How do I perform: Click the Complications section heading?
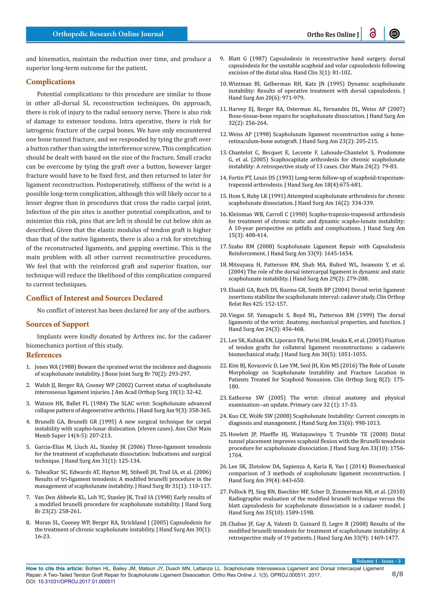51,82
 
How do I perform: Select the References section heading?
44,355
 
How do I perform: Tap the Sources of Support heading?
57,324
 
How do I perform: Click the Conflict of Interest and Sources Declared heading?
94,298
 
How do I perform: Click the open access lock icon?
373,34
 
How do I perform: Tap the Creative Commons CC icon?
394,34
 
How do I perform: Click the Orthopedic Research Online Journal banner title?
108,34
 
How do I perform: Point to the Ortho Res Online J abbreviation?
333,35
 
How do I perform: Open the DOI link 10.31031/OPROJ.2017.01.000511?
76,581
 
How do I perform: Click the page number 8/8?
397,574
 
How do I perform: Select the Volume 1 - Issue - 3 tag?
378,561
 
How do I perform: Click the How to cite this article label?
55,569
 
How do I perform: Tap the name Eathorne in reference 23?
240,398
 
